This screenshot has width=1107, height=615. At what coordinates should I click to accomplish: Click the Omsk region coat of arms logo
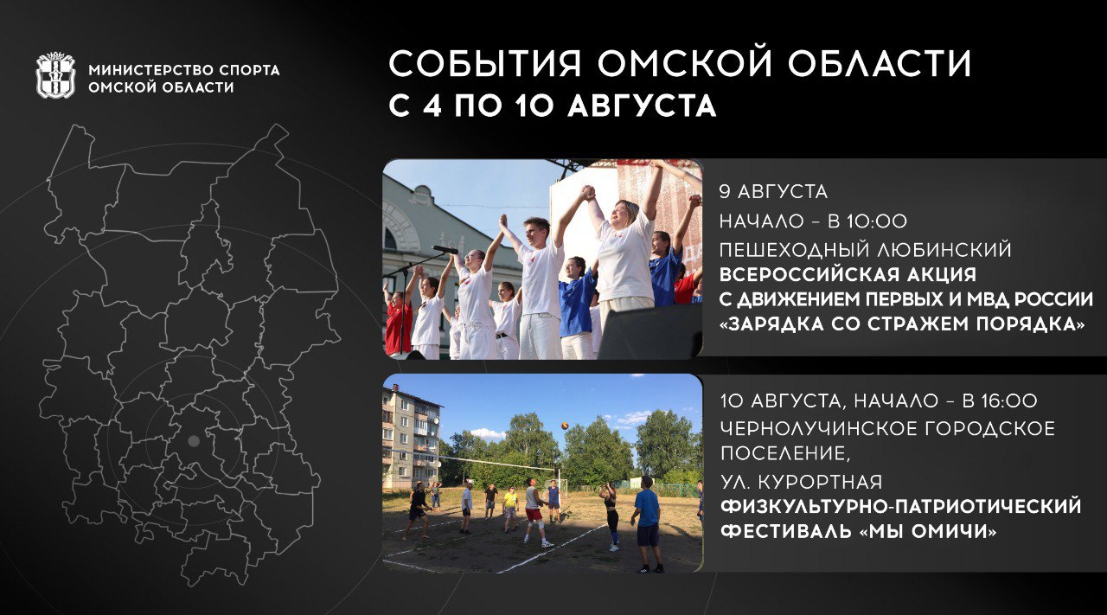pos(56,75)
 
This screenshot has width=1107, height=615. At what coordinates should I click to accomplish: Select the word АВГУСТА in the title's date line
pos(642,106)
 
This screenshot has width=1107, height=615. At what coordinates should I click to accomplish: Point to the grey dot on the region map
pos(194,441)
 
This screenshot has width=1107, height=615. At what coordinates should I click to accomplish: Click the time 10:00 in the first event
pos(876,221)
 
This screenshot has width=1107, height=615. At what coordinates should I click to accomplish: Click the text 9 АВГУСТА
pos(773,192)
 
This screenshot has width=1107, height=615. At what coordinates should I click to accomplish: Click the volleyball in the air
pos(565,426)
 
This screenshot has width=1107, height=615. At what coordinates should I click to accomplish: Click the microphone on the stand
pos(445,249)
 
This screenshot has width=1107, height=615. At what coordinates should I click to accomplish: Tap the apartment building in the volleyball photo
pos(411,437)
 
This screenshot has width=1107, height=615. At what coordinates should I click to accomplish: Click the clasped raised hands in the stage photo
pos(586,192)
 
